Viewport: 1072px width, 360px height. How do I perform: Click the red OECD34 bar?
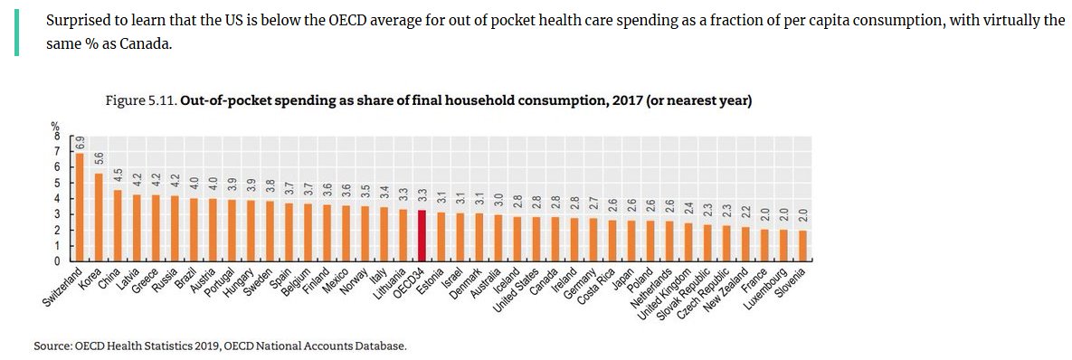tap(422, 235)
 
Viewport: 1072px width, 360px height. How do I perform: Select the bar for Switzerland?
tap(80, 206)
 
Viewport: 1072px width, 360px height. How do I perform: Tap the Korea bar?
tap(100, 216)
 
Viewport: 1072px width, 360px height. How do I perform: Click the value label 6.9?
tap(81, 143)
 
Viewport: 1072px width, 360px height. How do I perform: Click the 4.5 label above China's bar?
tap(119, 175)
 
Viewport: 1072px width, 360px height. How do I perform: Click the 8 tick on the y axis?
tap(58, 136)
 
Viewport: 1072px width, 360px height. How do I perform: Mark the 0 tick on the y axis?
tap(58, 261)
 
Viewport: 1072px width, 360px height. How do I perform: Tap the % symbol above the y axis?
tap(57, 127)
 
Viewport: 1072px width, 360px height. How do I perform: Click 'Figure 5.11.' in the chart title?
tap(141, 102)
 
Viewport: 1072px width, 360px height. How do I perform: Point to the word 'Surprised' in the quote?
tap(74, 19)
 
